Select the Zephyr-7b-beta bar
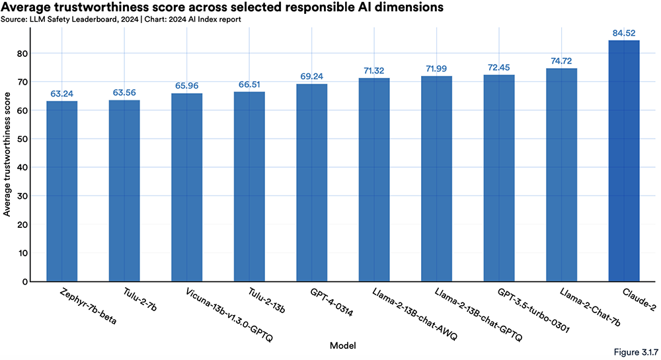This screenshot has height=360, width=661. [61, 191]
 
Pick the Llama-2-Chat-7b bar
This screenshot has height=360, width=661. [561, 174]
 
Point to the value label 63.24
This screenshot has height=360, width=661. [61, 93]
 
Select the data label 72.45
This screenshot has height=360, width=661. [499, 67]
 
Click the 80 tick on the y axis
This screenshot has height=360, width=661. [24, 54]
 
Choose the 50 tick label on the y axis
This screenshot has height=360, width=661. [24, 139]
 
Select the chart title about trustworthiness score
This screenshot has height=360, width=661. [221, 7]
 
